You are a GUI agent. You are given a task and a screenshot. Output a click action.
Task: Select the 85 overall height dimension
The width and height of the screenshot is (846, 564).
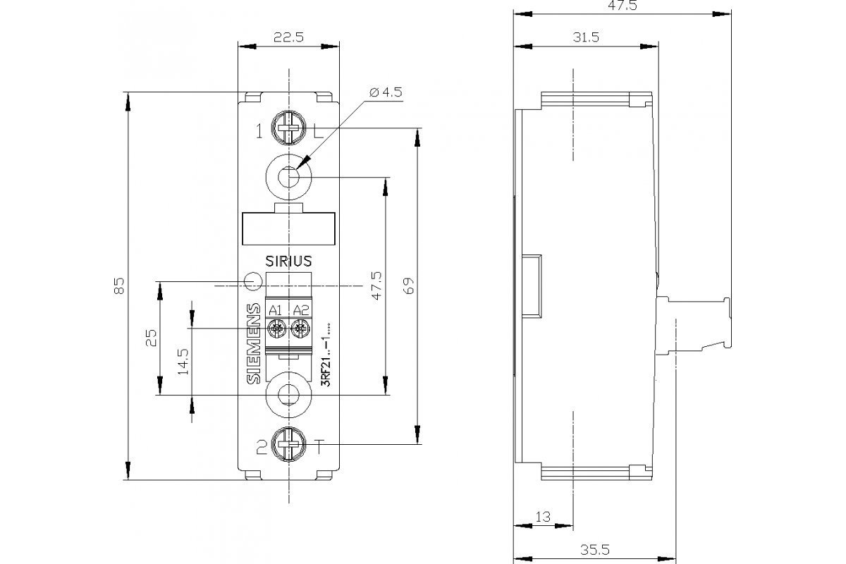coord(119,286)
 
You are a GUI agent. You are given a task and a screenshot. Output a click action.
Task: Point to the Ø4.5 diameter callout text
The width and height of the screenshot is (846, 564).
coord(384,92)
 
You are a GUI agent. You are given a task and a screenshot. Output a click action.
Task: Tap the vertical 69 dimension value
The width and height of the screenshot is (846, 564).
coord(409,286)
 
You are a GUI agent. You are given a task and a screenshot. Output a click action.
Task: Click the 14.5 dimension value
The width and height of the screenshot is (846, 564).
coord(183,360)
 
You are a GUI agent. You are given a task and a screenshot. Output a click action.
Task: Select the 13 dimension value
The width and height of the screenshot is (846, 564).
coord(542,517)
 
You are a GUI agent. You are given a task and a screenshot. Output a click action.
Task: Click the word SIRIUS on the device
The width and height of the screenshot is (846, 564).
coord(288,261)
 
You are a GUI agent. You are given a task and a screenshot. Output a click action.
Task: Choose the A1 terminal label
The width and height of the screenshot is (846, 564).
coord(276,310)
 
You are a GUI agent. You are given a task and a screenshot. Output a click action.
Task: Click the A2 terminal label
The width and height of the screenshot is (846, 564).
coord(300,310)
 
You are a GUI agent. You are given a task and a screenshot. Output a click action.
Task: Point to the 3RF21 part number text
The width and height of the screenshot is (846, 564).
coord(326,360)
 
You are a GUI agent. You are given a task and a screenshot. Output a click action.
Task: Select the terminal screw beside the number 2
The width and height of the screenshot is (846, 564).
coord(288,446)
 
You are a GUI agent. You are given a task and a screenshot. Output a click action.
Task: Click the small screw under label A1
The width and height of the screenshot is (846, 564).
coord(276,328)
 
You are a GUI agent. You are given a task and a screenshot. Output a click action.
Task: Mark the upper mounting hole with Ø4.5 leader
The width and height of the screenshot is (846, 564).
coord(288,176)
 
